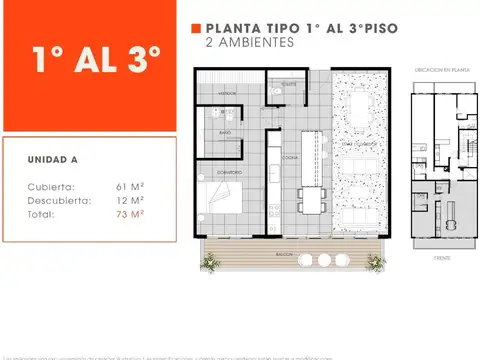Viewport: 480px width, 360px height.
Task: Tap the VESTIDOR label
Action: pyautogui.click(x=227, y=92)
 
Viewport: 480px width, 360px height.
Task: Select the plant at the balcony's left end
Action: pyautogui.click(x=210, y=262)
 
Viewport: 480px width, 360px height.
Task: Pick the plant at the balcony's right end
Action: pyautogui.click(x=376, y=262)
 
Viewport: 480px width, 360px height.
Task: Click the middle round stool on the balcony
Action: pyautogui.click(x=324, y=260)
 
